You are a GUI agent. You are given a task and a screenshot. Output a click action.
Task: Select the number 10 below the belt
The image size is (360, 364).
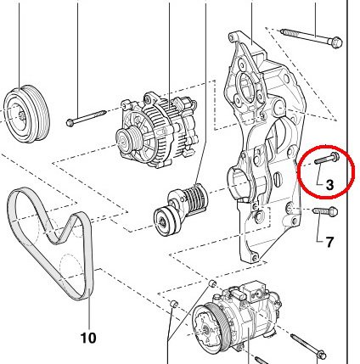pyautogui.click(x=87, y=337)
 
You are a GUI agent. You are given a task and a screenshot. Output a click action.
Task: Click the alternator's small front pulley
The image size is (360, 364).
pyautogui.click(x=129, y=140)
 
